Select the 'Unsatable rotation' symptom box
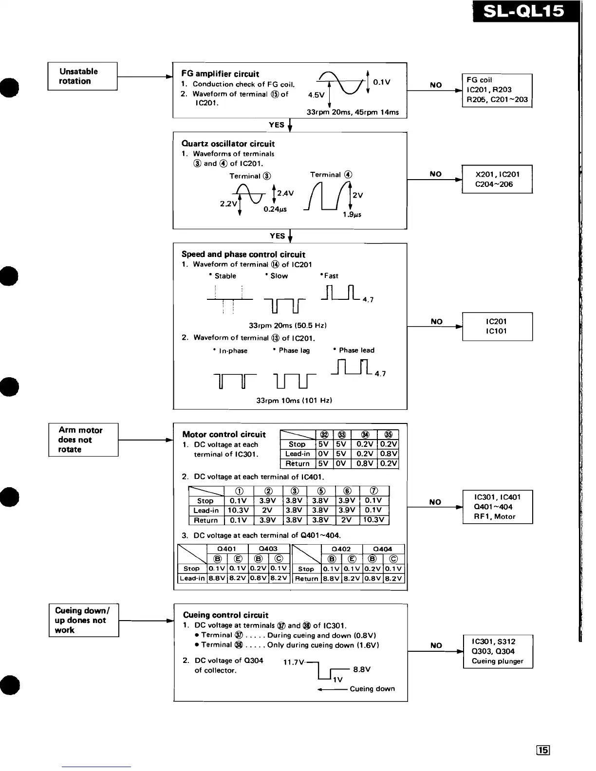coord(82,76)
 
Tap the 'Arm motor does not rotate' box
coord(83,440)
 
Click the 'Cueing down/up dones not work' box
coord(84,620)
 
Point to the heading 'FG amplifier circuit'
coord(220,74)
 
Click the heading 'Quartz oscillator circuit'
coord(228,144)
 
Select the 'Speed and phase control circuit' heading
coord(243,254)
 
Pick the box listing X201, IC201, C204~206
coord(497,179)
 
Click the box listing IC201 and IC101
coord(497,326)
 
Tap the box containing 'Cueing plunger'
coord(497,651)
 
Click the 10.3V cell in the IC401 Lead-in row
coord(238,510)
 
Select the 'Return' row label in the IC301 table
coord(297,463)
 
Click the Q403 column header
coord(268,549)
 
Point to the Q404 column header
coord(383,549)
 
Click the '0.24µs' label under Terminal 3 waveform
coord(275,209)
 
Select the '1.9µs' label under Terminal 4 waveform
coord(352,214)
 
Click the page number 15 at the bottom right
coord(542,750)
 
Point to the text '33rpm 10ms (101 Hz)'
coord(294,401)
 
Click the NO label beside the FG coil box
coord(436,85)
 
